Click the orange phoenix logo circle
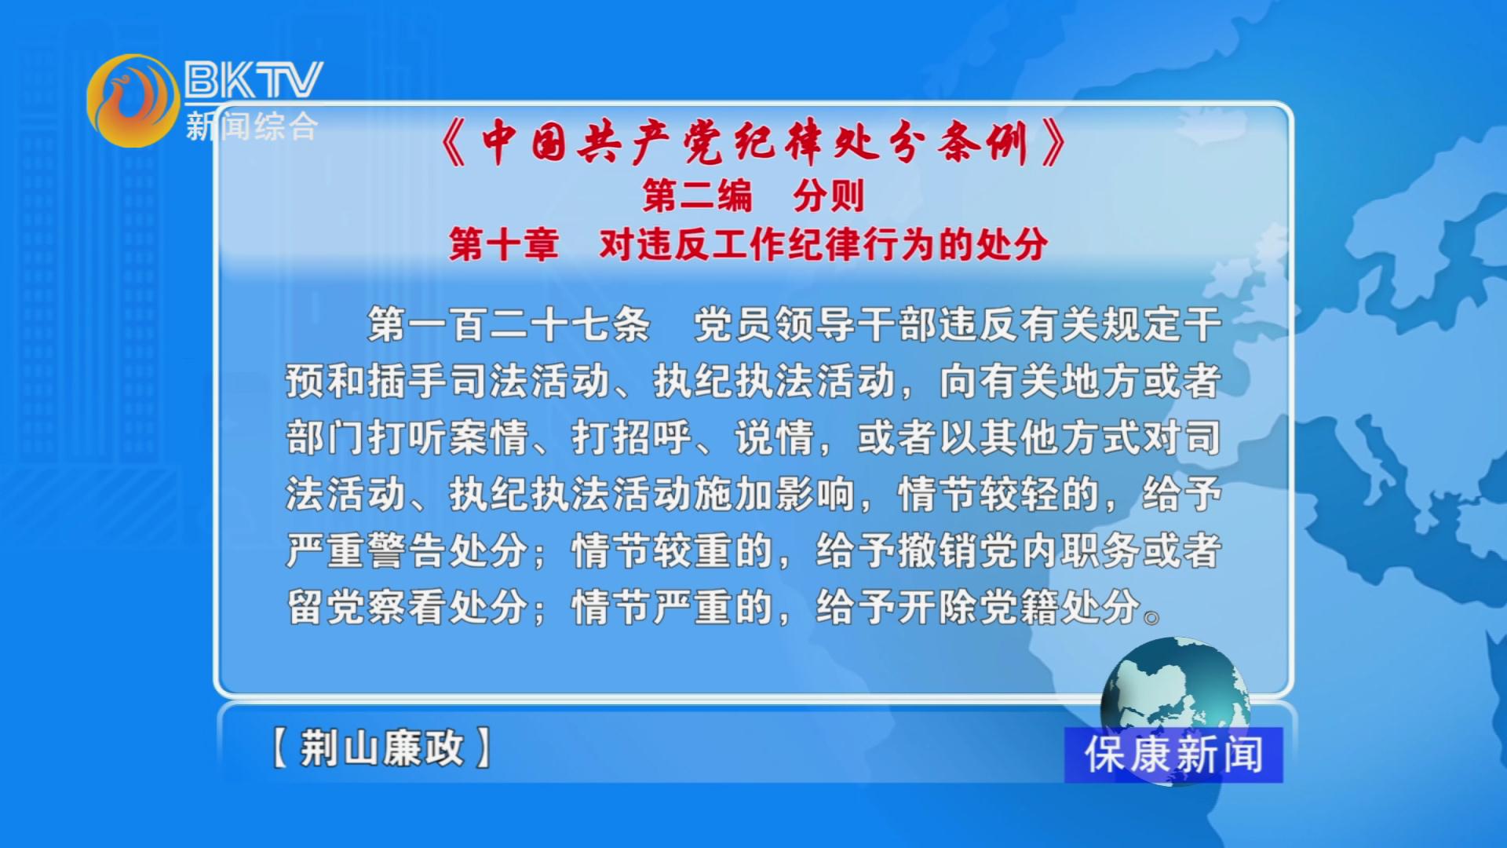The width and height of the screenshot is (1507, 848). click(133, 101)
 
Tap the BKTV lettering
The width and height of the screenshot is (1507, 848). click(254, 79)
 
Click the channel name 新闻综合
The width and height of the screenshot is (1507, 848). click(252, 126)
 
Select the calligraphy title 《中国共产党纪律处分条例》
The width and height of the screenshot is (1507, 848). click(754, 143)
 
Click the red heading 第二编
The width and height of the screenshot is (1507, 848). click(697, 196)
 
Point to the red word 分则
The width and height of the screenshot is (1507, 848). click(829, 196)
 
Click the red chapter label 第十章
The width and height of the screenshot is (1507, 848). click(504, 244)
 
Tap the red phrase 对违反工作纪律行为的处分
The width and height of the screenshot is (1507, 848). click(823, 244)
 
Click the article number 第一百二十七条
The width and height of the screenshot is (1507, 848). click(509, 324)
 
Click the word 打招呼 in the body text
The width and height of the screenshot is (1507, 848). click(632, 437)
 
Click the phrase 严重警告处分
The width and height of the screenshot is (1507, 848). click(407, 550)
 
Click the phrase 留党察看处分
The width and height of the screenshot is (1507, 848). click(407, 607)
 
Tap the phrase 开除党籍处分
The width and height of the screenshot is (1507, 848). click(1018, 607)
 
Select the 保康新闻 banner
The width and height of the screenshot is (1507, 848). click(1173, 755)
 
